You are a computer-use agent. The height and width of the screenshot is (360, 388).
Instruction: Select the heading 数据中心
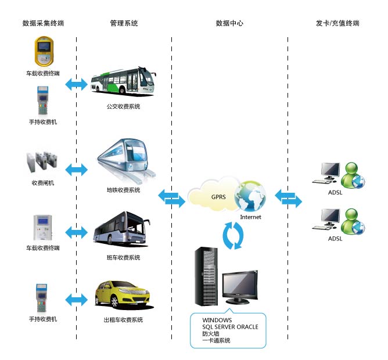(229, 23)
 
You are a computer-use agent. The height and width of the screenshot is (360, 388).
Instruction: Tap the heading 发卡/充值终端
(337, 23)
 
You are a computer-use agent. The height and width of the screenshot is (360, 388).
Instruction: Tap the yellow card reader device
(43, 52)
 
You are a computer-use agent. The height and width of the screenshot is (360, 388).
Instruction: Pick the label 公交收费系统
(123, 107)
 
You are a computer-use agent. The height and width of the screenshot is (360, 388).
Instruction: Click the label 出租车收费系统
(123, 320)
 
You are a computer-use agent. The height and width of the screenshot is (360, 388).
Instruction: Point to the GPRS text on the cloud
(218, 197)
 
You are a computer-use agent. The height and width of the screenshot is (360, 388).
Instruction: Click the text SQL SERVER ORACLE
(230, 327)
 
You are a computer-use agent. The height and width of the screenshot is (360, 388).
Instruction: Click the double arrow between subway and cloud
(172, 198)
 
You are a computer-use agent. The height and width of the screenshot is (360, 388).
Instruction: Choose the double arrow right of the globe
(289, 198)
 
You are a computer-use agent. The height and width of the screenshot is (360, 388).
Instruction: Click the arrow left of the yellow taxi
(76, 300)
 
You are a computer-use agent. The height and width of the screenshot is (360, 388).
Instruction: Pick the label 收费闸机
(43, 183)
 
